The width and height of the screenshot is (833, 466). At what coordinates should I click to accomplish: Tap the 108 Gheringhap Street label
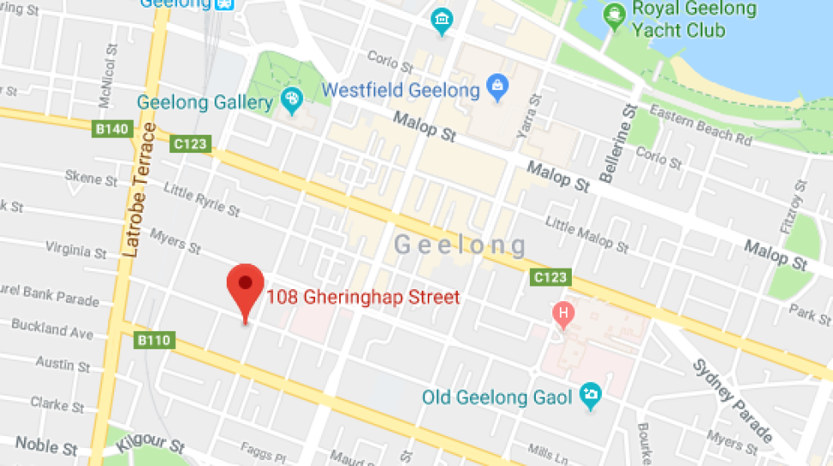(x=363, y=298)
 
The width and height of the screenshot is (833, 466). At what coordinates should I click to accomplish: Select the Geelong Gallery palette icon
(x=292, y=102)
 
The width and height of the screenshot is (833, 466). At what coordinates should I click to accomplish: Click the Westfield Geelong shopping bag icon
(x=496, y=86)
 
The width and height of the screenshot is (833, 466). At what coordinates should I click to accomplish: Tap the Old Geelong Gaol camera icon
(x=591, y=395)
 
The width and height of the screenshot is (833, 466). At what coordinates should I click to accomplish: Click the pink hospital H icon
(x=563, y=313)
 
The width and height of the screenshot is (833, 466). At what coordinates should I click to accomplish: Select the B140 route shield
(x=112, y=130)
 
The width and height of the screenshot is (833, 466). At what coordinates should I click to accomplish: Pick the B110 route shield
(x=155, y=341)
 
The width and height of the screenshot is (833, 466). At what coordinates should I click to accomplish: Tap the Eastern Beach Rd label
(x=701, y=124)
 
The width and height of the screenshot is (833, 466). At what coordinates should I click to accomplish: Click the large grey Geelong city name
(x=460, y=246)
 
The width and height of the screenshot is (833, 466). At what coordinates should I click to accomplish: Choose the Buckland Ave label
(x=52, y=330)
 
